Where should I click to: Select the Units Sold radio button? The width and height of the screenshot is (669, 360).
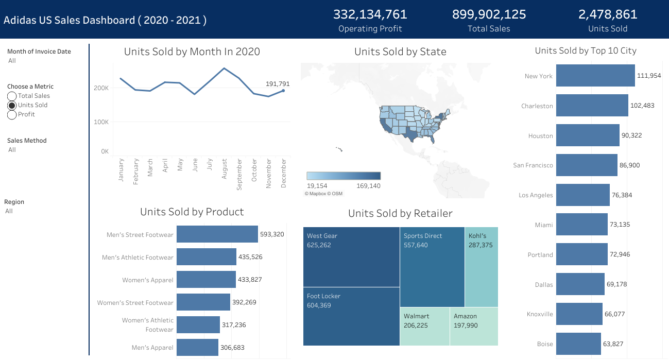coord(12,105)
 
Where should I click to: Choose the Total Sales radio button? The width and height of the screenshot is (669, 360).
coord(12,96)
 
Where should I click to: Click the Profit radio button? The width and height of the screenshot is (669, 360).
coord(12,114)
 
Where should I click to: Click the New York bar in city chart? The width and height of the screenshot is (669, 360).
coord(595,76)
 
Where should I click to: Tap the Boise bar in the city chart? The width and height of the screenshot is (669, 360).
coord(578,344)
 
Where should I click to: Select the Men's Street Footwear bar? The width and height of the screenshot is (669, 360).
coord(217,234)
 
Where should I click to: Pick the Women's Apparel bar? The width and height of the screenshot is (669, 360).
coord(206,280)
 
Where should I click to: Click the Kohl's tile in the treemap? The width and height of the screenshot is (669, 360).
coord(481,267)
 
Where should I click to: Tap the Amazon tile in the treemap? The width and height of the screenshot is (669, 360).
coord(474,327)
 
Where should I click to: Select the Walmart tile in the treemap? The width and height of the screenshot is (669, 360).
coord(424,327)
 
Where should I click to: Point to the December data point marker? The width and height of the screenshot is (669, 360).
coord(283,91)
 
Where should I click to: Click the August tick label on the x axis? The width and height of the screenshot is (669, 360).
coord(225,169)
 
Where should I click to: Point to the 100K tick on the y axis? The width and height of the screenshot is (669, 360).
coord(101,122)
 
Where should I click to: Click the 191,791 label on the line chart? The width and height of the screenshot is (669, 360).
coord(278,83)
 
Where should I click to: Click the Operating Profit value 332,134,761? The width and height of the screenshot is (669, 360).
coord(370,14)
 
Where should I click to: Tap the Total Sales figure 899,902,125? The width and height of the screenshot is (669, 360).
coord(489,14)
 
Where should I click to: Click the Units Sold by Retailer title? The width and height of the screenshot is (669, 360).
coord(400,213)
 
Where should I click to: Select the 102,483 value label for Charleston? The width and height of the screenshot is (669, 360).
coord(643,106)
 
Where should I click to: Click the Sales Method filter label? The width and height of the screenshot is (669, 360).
coord(27,141)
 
